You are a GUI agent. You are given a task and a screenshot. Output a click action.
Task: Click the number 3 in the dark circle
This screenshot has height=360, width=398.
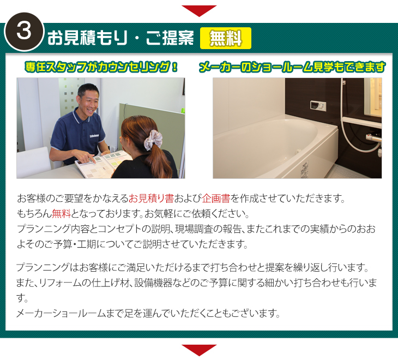click(x=24, y=32)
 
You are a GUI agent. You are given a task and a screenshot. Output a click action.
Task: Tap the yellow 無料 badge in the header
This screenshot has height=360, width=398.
click(x=226, y=38)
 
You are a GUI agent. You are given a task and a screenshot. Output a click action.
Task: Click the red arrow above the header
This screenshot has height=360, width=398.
click(x=199, y=11)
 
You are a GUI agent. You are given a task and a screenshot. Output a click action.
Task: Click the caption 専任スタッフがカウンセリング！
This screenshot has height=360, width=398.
click(x=101, y=67)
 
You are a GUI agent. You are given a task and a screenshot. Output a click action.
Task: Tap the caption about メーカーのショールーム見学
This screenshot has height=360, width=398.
click(x=292, y=67)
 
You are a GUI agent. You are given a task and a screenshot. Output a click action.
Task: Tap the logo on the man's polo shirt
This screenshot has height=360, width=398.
click(x=94, y=136)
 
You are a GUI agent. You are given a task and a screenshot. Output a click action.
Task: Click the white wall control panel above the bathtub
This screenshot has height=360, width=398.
click(x=318, y=105)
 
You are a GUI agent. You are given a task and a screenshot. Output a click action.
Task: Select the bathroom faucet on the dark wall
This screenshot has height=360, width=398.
click(x=373, y=139)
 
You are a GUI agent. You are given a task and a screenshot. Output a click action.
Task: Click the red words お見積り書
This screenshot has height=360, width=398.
click(x=151, y=199)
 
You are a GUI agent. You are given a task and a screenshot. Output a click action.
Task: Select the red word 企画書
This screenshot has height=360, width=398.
click(x=216, y=199)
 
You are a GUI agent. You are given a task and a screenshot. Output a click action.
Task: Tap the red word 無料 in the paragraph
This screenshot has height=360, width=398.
click(x=61, y=213)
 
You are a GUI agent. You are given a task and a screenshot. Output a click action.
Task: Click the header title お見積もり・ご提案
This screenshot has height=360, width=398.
click(x=120, y=38)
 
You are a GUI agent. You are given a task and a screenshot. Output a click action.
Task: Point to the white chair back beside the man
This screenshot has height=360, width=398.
click(x=34, y=160)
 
